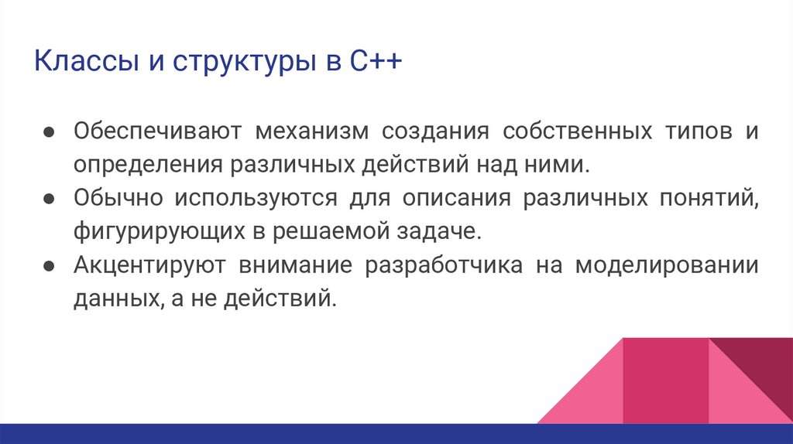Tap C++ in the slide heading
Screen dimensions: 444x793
375,61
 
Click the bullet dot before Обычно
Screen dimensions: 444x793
47,198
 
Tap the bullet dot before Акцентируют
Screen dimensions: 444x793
47,265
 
